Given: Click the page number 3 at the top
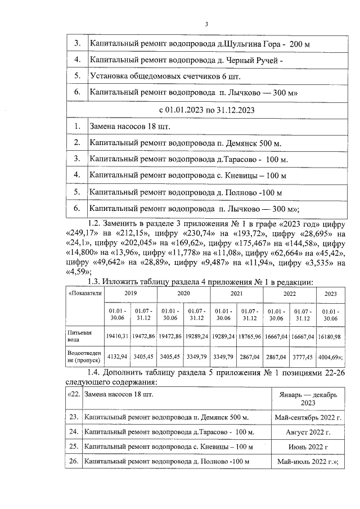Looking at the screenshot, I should pyautogui.click(x=206, y=24).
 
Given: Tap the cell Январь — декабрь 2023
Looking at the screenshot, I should pyautogui.click(x=307, y=399).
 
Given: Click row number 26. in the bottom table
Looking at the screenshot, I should pyautogui.click(x=73, y=462).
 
